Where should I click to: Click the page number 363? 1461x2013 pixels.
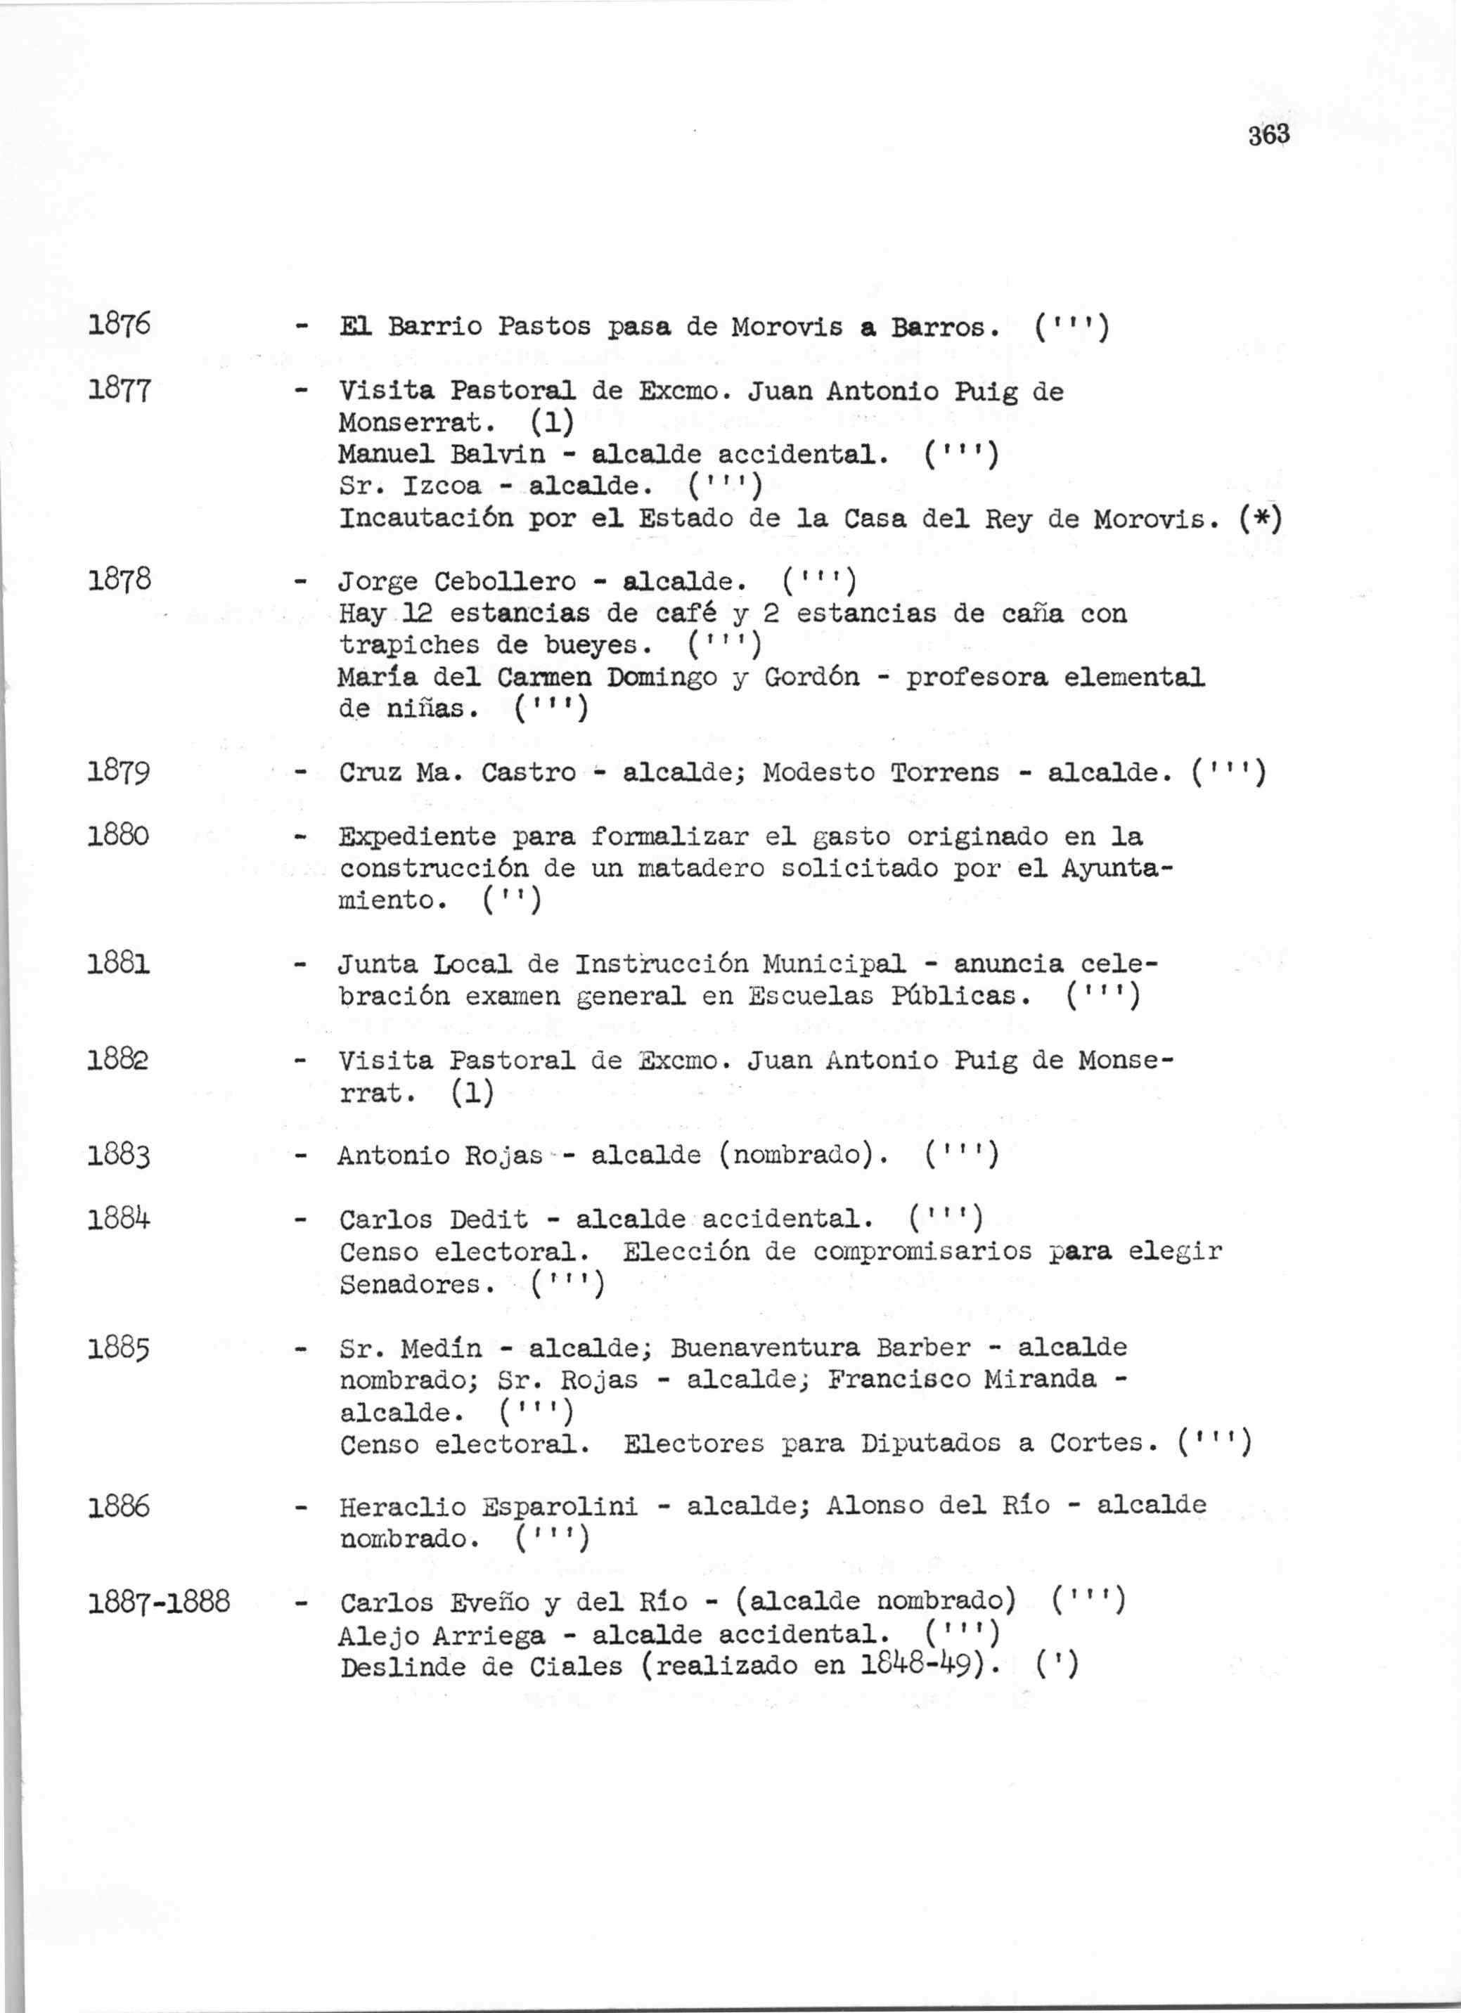(1268, 136)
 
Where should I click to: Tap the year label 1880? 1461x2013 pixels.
(119, 836)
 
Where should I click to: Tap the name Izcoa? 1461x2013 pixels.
(442, 486)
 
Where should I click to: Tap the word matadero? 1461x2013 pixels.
(702, 868)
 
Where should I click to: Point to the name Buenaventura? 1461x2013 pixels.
(764, 1347)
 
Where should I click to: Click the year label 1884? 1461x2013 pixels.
(119, 1219)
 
